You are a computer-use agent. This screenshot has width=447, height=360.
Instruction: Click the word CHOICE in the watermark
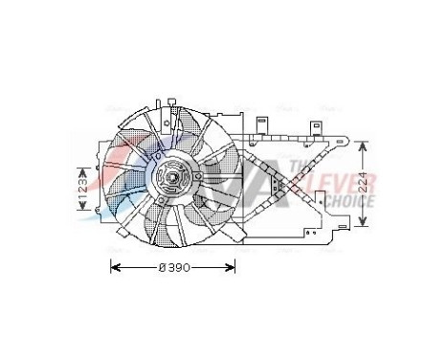point(349,200)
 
